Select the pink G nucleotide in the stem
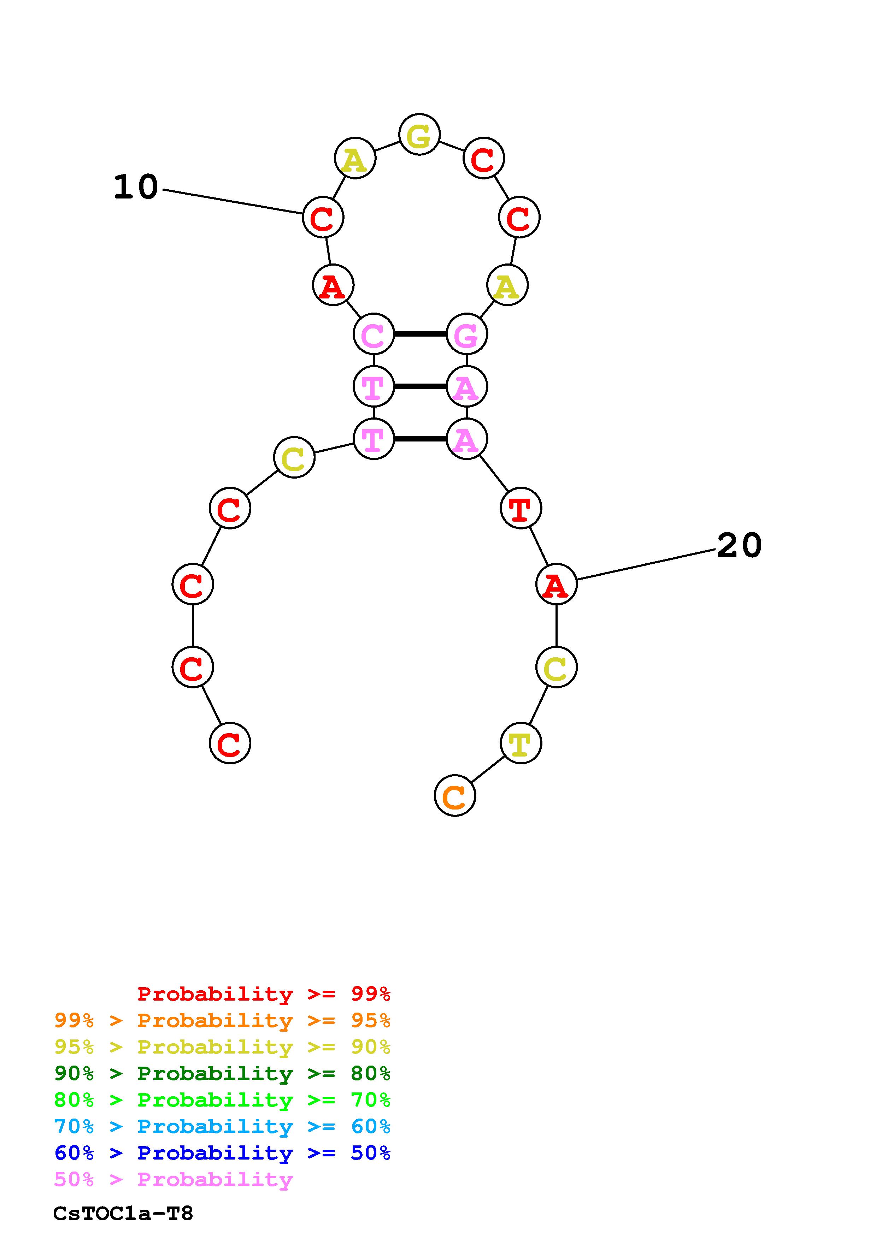[466, 334]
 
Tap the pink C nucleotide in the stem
[374, 334]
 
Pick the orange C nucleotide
[454, 795]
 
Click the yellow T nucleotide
[520, 743]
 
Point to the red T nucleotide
[520, 508]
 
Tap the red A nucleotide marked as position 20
[556, 585]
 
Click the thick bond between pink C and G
[420, 334]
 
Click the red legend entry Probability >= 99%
[264, 994]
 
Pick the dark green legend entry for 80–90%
[222, 1073]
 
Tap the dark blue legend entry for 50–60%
[222, 1153]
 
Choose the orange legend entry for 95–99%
[222, 1020]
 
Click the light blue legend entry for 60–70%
[222, 1127]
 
